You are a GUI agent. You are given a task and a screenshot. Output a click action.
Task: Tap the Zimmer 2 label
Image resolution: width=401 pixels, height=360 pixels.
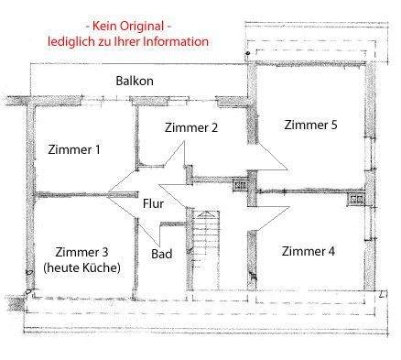click(x=191, y=128)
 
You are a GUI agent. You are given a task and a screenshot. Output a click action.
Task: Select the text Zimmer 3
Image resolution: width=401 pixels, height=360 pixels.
click(x=82, y=252)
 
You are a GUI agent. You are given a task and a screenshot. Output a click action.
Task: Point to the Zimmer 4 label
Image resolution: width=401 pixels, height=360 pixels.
click(x=309, y=251)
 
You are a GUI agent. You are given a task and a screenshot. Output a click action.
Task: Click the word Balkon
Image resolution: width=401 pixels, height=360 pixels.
click(x=135, y=81)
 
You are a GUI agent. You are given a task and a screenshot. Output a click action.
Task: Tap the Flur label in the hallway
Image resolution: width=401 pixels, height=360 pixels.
click(x=153, y=203)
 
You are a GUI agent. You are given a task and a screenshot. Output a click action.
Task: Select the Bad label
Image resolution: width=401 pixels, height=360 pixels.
click(x=161, y=253)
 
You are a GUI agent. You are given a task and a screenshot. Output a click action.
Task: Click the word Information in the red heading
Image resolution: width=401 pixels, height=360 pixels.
click(x=177, y=41)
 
